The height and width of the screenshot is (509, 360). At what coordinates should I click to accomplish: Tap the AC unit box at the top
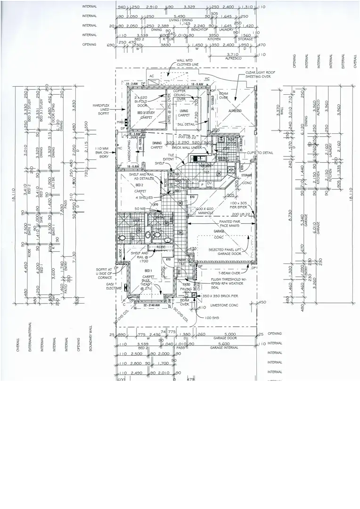point(152,76)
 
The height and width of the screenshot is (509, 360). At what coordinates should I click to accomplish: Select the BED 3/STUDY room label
point(145,115)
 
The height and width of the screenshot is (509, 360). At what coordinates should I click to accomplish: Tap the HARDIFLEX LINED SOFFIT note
point(102,110)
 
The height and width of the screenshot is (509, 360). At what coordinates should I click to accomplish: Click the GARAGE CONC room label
point(219,234)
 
